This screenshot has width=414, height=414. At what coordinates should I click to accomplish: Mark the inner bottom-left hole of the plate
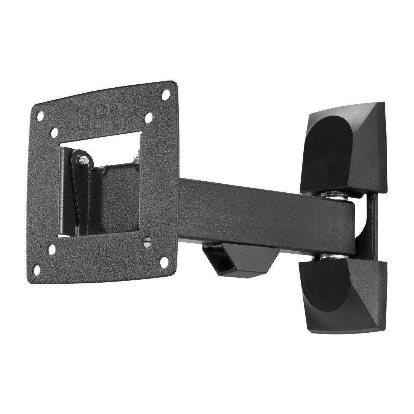click(53, 249)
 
